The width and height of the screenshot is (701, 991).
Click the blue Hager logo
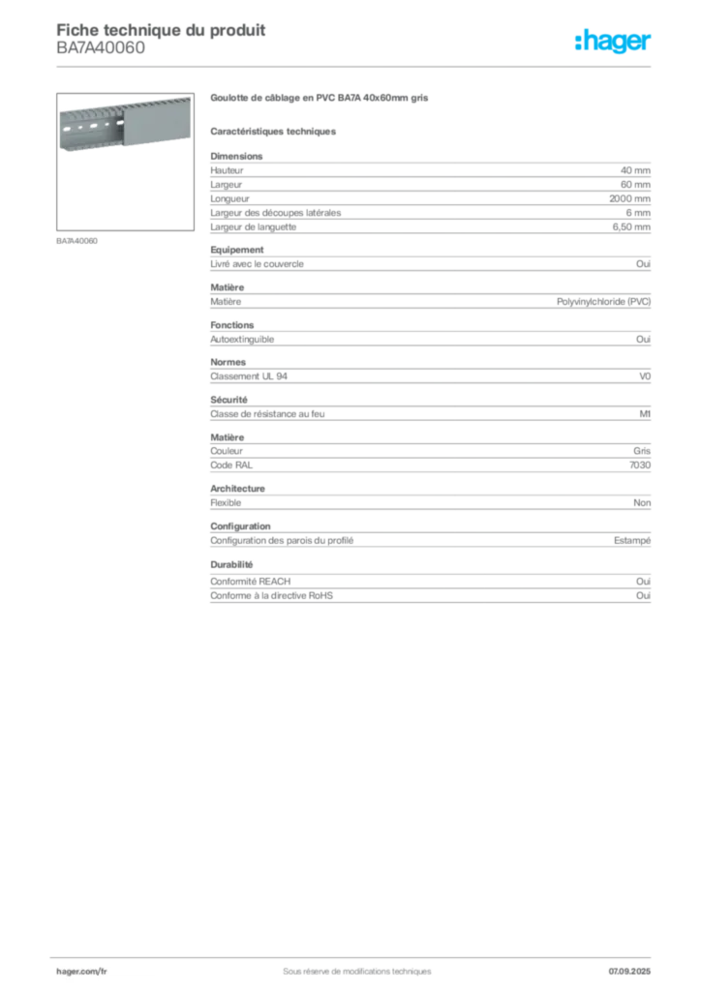click(x=614, y=42)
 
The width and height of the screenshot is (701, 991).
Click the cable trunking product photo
click(x=122, y=122)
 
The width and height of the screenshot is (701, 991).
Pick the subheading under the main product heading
click(x=275, y=131)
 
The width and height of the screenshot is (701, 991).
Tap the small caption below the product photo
click(x=77, y=239)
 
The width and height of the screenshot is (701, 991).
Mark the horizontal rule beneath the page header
click(x=356, y=65)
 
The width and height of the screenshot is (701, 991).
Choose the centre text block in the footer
click(x=349, y=966)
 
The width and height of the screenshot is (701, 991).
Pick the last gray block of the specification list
click(x=429, y=584)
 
